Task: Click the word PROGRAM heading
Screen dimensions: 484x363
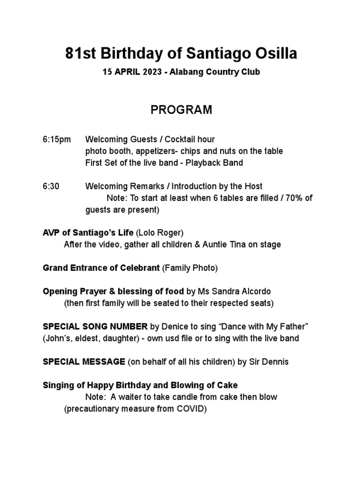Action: click(181, 110)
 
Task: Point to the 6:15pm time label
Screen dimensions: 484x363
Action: click(57, 139)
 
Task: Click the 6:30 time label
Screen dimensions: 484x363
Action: click(51, 186)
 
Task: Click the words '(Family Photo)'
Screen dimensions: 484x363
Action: click(190, 268)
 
